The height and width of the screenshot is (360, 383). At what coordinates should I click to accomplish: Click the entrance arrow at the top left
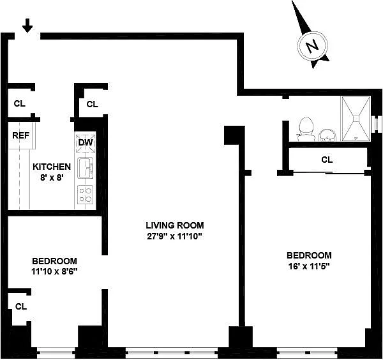pos(27,26)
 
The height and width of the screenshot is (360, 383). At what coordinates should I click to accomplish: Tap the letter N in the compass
pos(312,46)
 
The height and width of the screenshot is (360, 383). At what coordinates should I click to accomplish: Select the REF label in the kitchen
pos(21,135)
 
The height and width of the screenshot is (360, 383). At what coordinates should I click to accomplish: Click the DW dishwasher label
pos(86,142)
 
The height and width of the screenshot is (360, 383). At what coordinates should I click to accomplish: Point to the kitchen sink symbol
pos(86,168)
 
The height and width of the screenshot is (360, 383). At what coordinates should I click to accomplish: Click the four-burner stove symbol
pos(86,195)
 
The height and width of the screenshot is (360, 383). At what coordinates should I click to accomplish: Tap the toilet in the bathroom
pos(306,129)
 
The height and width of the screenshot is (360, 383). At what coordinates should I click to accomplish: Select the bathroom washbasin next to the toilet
pos(328,135)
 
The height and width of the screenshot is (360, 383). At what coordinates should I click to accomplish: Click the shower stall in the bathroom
pos(356,119)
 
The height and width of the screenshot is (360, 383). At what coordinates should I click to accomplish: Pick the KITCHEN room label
pos(52,167)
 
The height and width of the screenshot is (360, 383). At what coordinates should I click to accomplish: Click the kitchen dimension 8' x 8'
pos(52,177)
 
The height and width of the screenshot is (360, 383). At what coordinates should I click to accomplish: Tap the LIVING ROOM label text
pos(175,225)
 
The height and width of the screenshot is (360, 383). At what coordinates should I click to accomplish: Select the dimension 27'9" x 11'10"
pos(175,236)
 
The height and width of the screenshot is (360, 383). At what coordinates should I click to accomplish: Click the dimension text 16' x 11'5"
pos(309,266)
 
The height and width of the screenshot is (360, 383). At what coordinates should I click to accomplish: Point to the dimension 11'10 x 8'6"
pos(54,271)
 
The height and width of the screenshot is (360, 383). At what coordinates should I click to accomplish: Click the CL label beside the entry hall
pos(20,103)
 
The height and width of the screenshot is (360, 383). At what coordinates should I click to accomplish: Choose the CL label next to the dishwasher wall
pos(93,104)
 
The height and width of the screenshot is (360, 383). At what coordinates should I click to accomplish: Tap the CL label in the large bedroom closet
pos(327,160)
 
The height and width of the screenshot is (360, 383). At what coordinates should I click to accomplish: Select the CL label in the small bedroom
pos(21,306)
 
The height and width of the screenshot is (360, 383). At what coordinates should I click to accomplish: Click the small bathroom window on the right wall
pos(374,124)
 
